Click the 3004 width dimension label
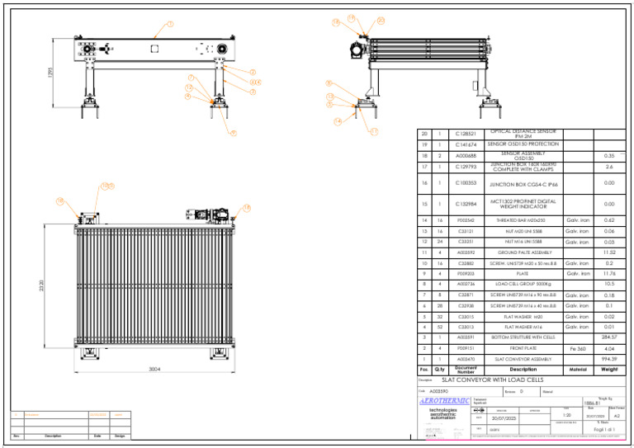(154, 369)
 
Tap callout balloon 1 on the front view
(170, 24)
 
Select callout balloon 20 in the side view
(380, 20)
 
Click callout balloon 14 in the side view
(338, 121)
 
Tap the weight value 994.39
(609, 359)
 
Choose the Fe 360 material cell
(577, 348)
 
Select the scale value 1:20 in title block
(567, 415)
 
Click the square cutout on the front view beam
(154, 48)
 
